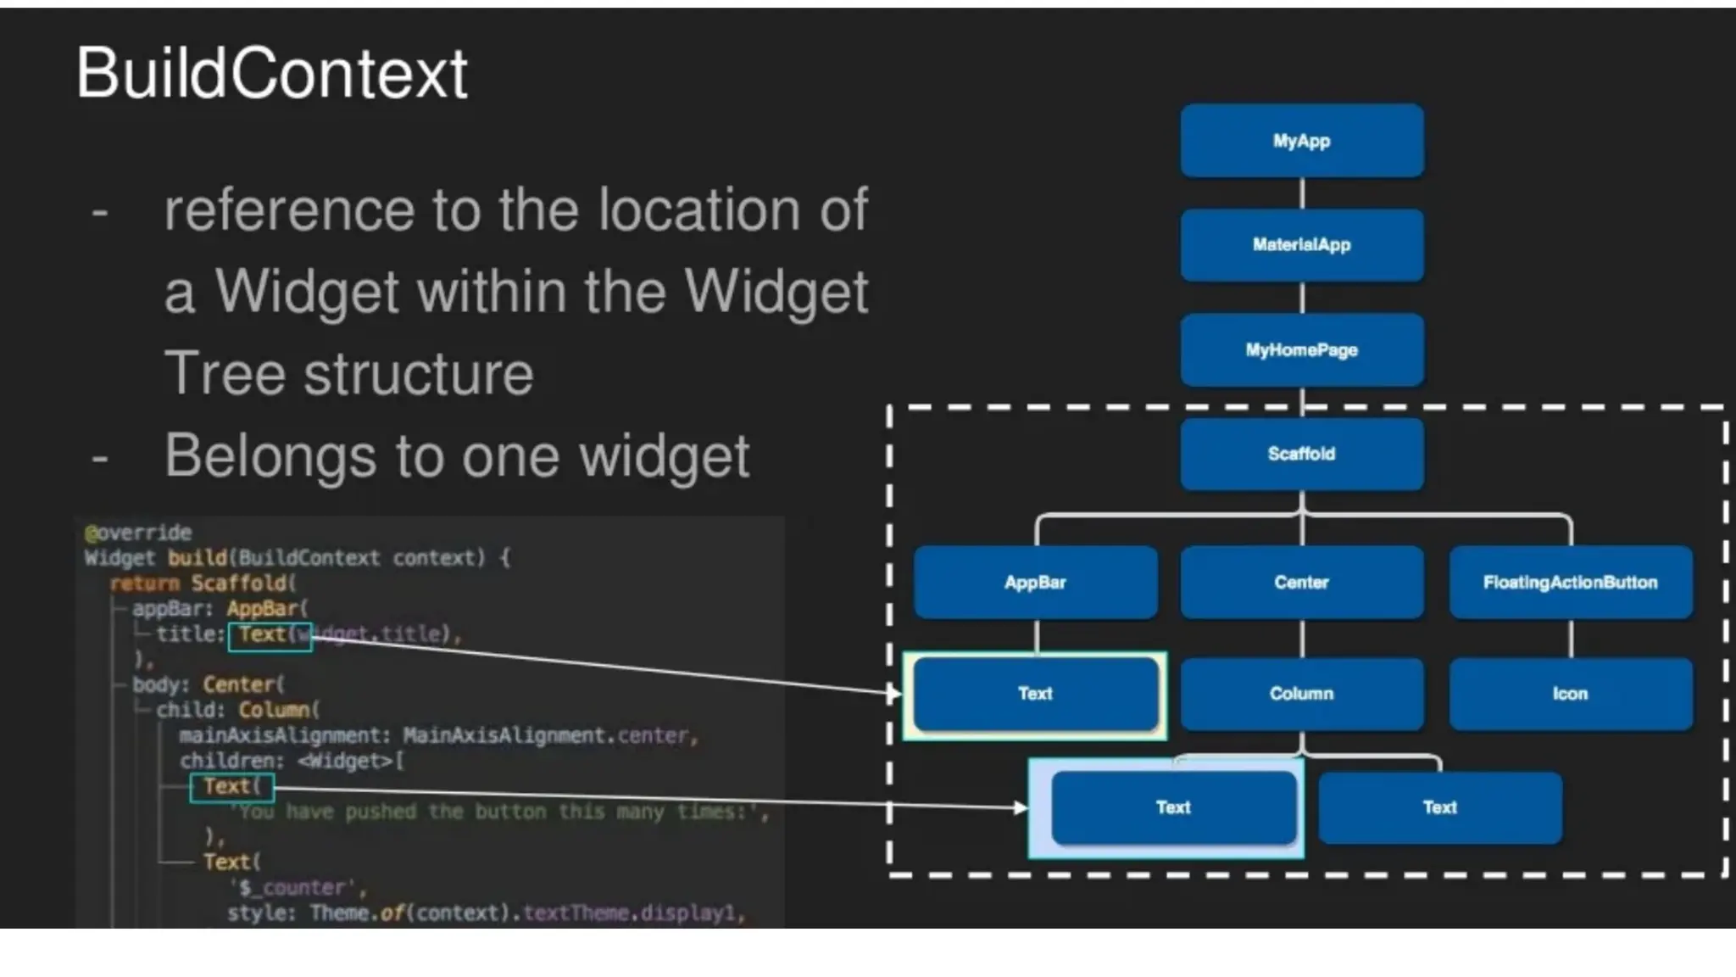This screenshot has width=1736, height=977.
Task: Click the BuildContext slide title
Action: point(271,74)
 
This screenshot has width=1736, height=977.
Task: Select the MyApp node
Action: point(1301,141)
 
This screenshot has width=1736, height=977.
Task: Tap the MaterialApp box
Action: point(1301,245)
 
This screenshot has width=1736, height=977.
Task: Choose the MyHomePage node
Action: point(1301,349)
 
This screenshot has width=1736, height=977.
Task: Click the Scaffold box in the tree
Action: point(1301,454)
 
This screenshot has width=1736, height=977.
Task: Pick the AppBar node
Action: point(1035,582)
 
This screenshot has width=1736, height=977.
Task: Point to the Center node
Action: point(1301,582)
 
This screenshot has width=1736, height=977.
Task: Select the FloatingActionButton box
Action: point(1570,582)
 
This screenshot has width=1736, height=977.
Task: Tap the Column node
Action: point(1301,694)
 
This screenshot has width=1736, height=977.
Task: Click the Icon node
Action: point(1570,694)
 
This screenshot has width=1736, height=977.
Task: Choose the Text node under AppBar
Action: point(1035,694)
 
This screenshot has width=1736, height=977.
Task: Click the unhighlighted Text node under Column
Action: point(1439,807)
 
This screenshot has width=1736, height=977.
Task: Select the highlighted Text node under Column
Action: point(1173,807)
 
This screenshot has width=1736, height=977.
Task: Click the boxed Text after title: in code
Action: point(270,634)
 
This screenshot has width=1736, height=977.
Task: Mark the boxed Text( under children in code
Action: point(231,787)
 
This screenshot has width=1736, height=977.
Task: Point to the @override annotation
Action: point(138,533)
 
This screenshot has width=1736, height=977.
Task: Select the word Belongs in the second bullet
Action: point(270,456)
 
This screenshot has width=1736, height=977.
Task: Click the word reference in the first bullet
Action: point(288,210)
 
